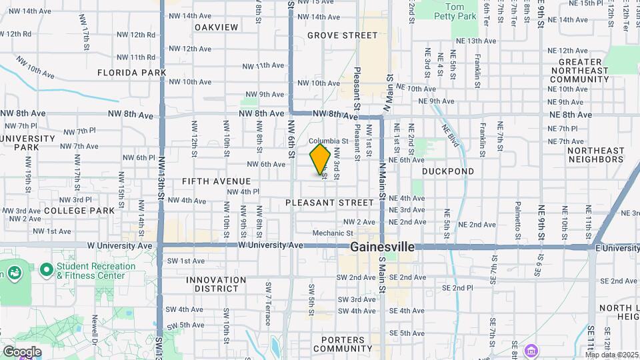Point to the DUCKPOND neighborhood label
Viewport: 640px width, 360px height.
pos(448,171)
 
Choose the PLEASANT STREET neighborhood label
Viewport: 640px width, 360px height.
pos(329,202)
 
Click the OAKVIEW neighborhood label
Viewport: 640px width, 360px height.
pos(216,27)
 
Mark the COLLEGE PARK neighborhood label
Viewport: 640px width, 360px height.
pos(79,211)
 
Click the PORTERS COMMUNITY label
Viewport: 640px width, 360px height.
pos(343,344)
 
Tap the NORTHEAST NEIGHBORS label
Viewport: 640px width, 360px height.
pos(595,155)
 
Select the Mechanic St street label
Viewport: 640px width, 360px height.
pos(333,233)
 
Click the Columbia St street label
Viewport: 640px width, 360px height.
pos(329,141)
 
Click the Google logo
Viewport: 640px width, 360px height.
pos(22,352)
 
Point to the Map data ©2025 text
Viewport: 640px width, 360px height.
pos(611,355)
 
